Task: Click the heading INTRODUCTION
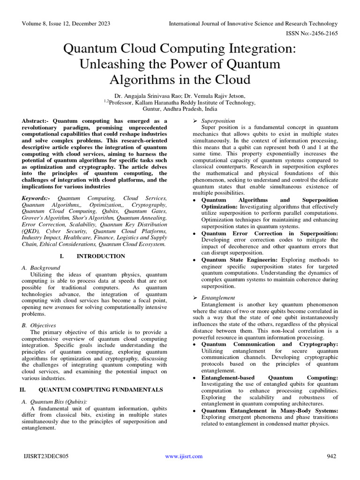(101, 256)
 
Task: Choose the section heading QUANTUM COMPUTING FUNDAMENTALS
(100, 390)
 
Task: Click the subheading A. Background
(42, 268)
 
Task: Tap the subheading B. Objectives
(39, 325)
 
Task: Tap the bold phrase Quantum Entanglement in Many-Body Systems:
(270, 411)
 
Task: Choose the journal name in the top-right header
(253, 23)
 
